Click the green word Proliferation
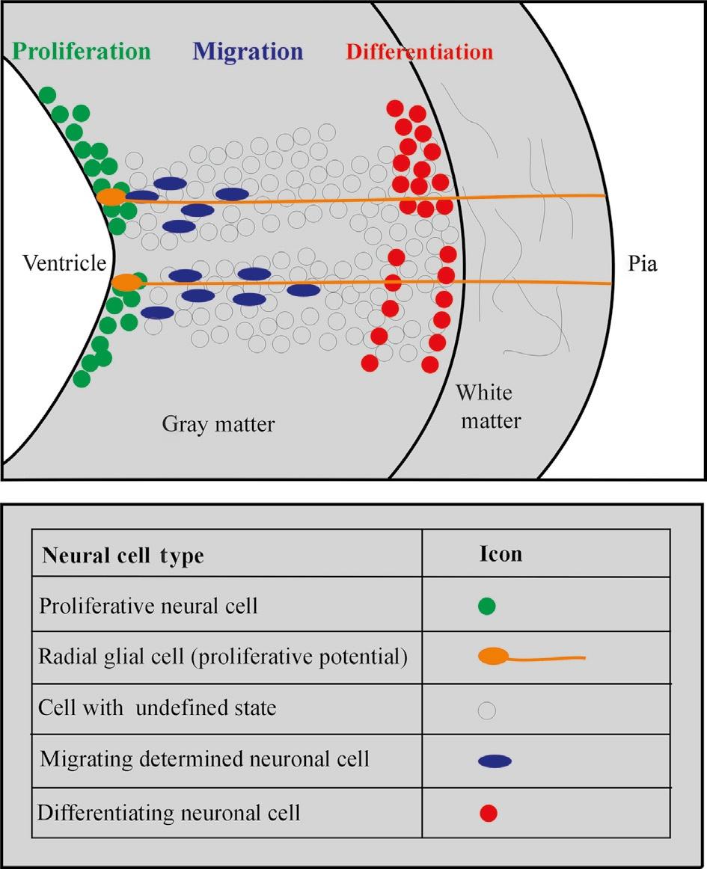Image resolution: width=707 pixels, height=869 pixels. pos(82,52)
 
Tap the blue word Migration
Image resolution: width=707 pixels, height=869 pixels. pos(248,52)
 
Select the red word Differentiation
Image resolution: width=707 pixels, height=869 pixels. pos(419,52)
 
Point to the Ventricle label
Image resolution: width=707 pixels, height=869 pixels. pos(64,264)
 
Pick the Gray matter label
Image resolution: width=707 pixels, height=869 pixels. pos(218,425)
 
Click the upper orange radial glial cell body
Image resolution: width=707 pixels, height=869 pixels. pos(111,197)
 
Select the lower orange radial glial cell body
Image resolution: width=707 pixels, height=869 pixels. pos(126,282)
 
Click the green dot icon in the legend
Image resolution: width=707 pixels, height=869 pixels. pos(487,606)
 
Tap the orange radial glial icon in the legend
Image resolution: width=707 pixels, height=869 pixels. pos(494,657)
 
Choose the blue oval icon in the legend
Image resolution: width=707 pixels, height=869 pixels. pos(495,761)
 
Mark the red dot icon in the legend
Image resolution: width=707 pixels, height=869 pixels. pos(488,813)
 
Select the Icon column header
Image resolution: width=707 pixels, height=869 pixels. pos(501,554)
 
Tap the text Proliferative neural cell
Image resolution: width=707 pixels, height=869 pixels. pos(148,606)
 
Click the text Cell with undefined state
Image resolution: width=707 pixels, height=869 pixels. pos(158,708)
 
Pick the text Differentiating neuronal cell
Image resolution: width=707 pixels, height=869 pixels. pos(169,812)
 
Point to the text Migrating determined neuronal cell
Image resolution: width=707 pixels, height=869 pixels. pos(204,760)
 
